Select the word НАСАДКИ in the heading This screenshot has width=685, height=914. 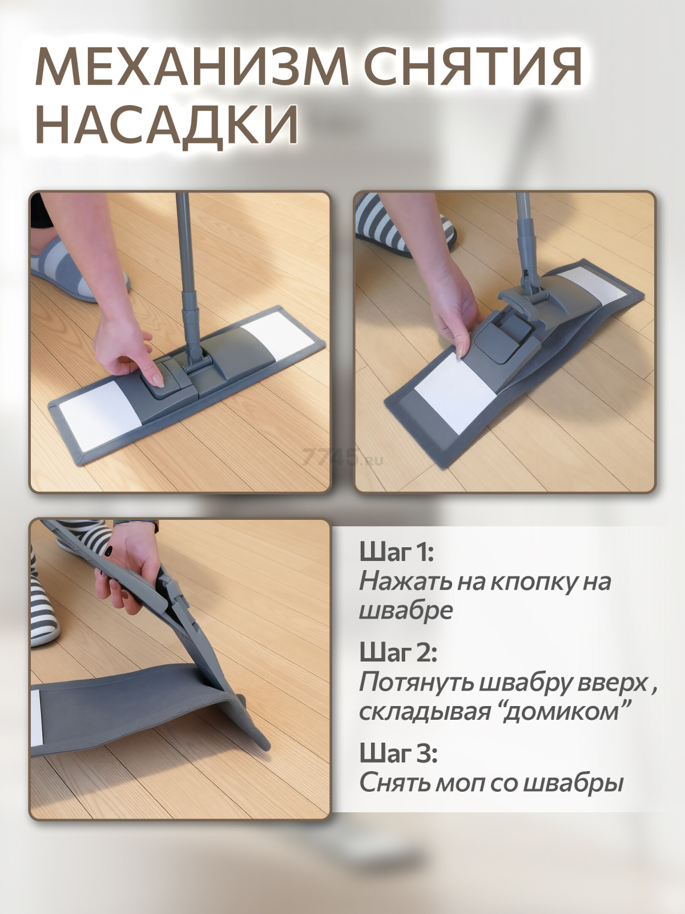(x=167, y=123)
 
